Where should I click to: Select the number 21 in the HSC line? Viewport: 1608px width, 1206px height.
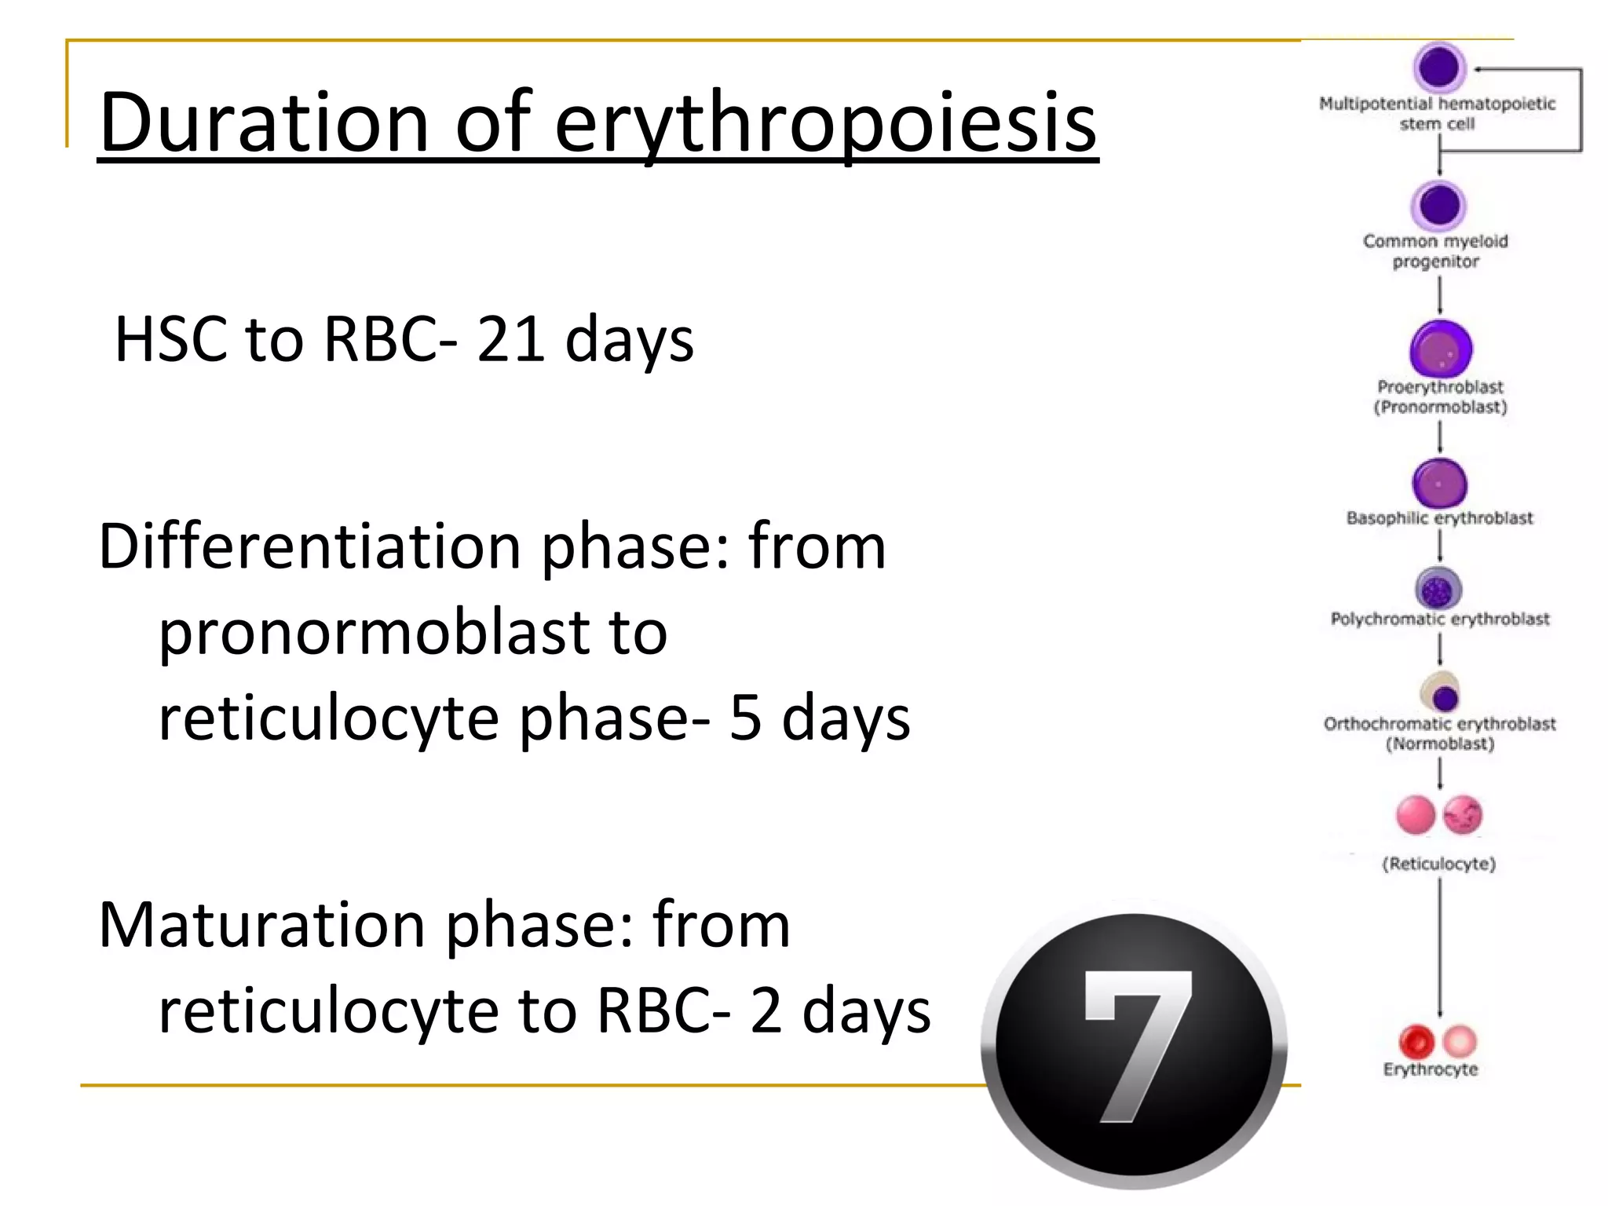510,339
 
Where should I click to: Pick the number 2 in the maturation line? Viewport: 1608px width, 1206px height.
766,1010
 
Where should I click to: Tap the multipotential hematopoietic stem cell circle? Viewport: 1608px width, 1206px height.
1439,68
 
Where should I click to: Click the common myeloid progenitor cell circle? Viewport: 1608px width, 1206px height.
1439,206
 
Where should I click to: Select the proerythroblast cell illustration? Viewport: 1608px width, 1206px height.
1441,349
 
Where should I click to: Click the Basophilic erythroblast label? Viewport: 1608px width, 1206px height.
1439,518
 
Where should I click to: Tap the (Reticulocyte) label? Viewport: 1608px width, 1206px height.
1438,864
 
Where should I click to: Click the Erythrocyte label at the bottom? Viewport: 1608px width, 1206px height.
1431,1069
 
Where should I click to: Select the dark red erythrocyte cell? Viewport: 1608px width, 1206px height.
1416,1042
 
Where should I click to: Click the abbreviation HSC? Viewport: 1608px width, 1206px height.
170,339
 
